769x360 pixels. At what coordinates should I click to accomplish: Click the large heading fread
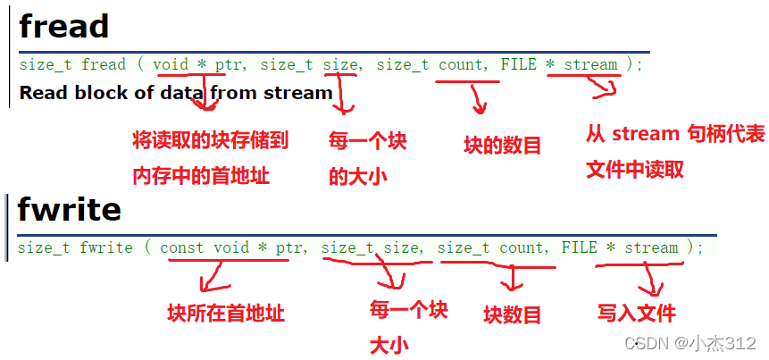[63, 26]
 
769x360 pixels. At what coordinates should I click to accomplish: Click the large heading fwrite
[69, 210]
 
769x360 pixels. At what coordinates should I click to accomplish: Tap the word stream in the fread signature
[590, 64]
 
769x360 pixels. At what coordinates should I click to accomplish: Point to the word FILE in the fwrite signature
[579, 247]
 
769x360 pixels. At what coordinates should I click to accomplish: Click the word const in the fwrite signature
[182, 247]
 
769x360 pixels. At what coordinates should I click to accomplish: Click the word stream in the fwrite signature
[651, 247]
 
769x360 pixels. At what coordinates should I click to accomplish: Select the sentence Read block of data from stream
[175, 92]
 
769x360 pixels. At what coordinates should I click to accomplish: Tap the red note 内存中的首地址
[201, 176]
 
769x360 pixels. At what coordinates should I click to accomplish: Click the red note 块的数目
[502, 146]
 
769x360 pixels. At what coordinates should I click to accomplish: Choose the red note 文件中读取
[635, 169]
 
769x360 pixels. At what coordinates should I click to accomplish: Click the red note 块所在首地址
[226, 314]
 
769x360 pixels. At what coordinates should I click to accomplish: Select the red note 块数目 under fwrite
[513, 314]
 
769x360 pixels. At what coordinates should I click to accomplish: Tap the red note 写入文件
[637, 313]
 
